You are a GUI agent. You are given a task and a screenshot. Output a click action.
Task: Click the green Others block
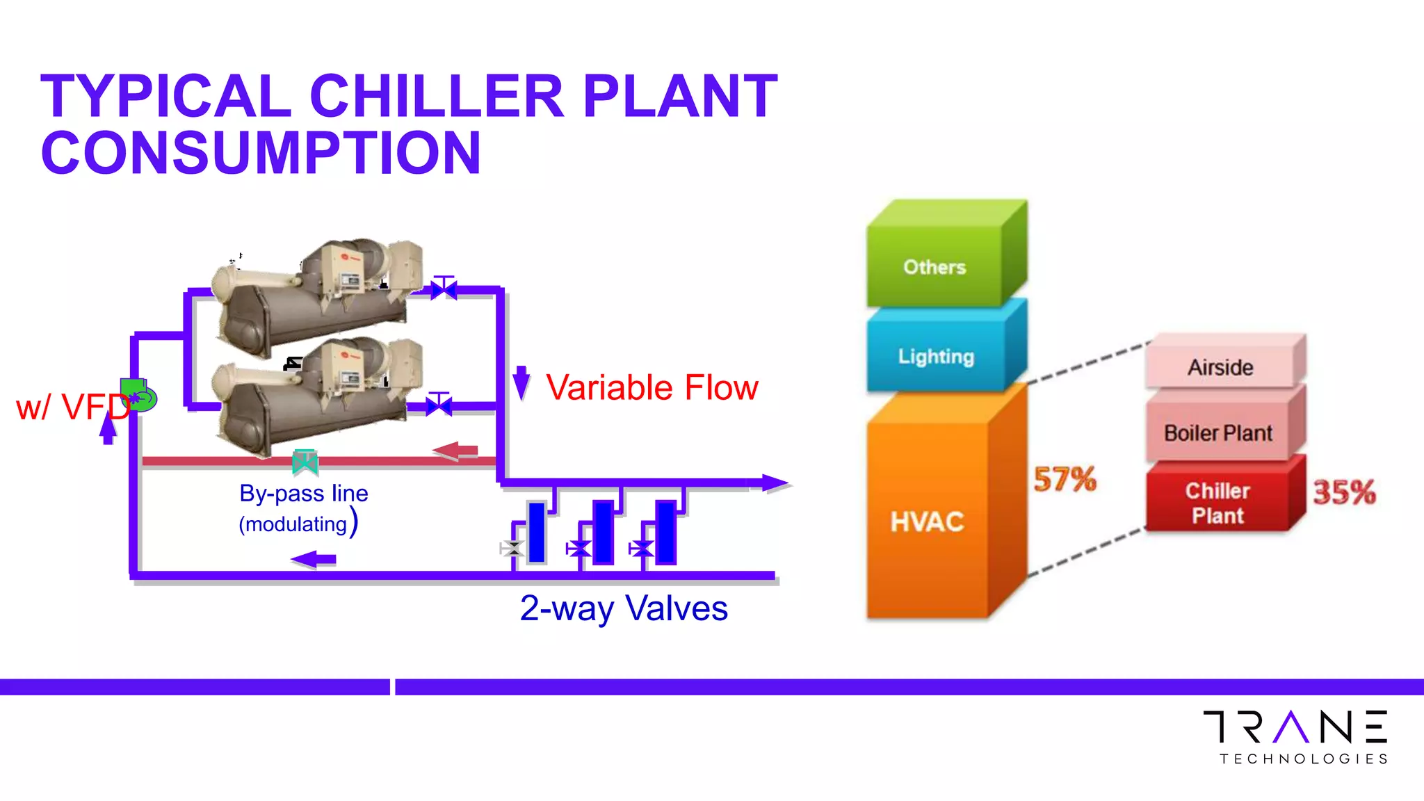[x=934, y=268]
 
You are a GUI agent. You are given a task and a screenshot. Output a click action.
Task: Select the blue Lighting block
[x=936, y=357]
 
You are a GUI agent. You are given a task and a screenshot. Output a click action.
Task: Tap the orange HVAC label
[x=927, y=521]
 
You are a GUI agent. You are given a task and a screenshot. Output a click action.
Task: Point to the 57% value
[x=1065, y=480]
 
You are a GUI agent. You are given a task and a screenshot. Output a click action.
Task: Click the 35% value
[x=1343, y=492]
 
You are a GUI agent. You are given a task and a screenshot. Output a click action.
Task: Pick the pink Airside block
[x=1220, y=367]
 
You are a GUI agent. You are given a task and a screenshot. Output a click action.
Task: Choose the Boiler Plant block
[x=1218, y=433]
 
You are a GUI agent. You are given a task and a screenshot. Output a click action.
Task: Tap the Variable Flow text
[x=652, y=387]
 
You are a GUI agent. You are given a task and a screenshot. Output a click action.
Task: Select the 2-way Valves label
[x=624, y=608]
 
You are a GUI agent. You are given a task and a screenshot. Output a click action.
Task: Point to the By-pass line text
[x=304, y=493]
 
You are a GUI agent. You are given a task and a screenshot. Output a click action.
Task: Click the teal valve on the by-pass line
[x=305, y=462]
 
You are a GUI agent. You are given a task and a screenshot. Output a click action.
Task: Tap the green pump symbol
[x=138, y=396]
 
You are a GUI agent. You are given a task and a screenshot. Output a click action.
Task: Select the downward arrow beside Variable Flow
[x=521, y=382]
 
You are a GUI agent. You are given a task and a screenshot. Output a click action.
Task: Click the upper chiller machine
[x=320, y=292]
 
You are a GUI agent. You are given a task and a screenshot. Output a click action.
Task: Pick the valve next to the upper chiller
[x=444, y=288]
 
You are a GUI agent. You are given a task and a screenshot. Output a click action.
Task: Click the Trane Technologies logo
[x=1295, y=737]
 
